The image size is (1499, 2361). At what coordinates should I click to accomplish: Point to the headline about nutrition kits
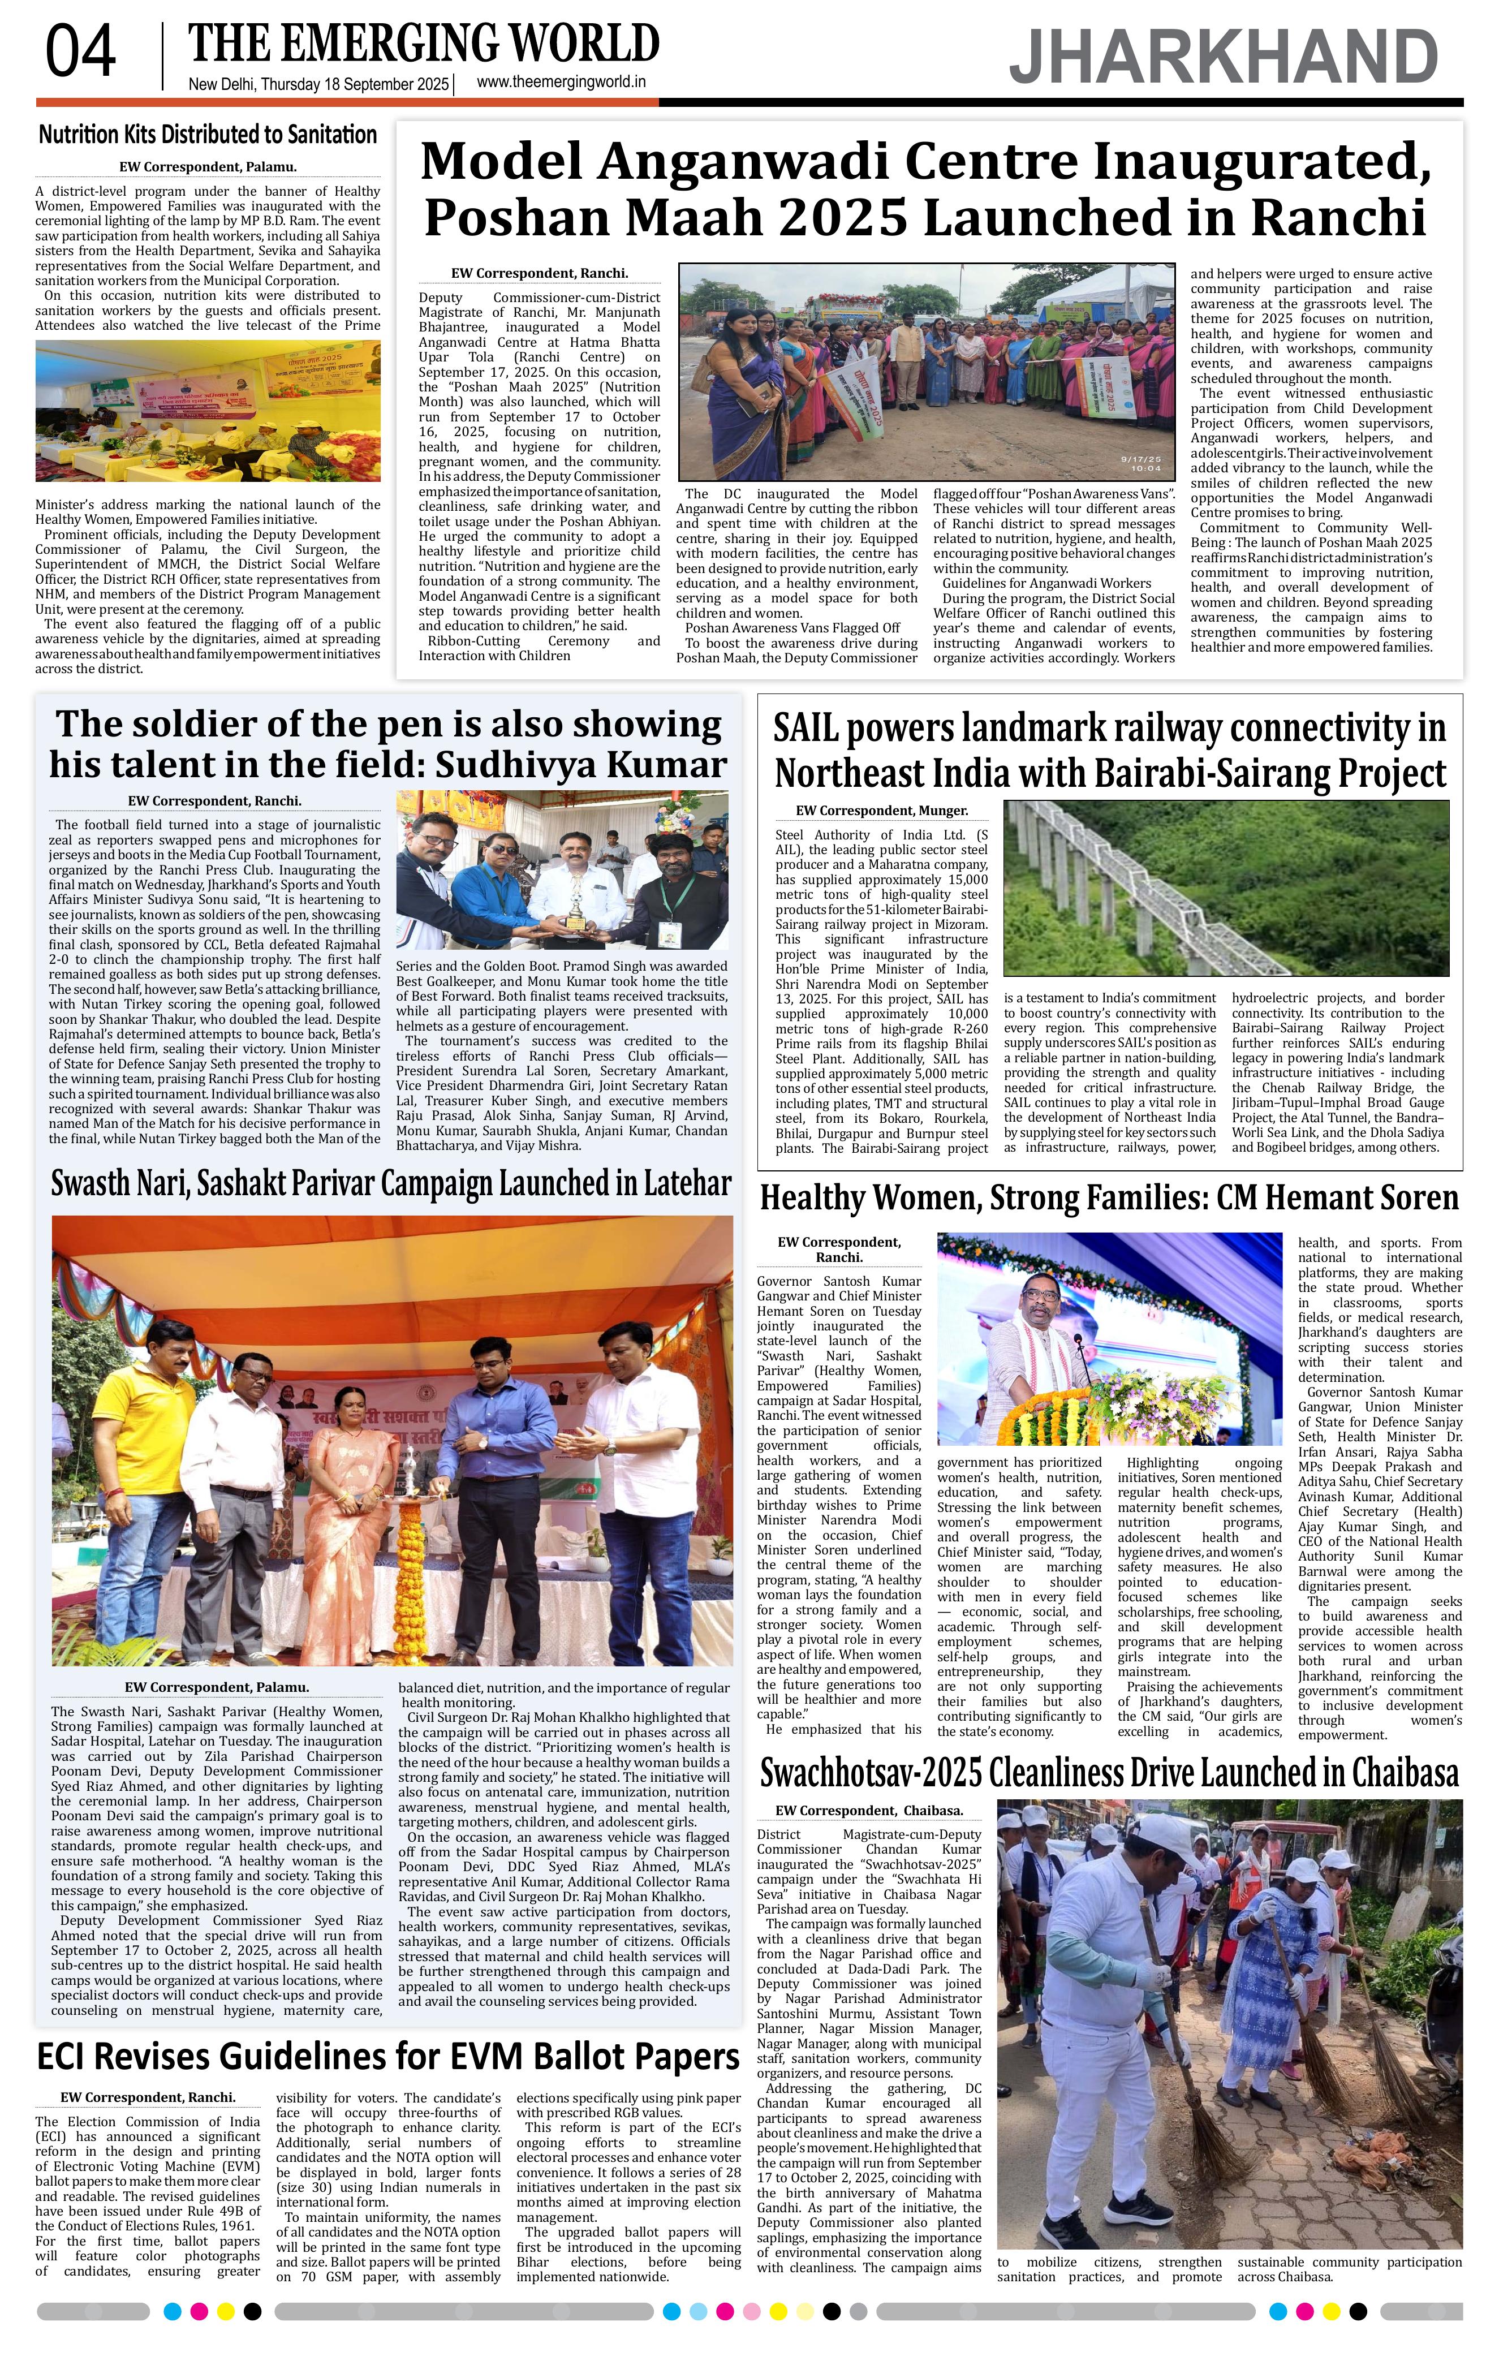point(207,134)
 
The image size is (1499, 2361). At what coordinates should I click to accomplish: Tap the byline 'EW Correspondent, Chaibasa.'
point(869,1810)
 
